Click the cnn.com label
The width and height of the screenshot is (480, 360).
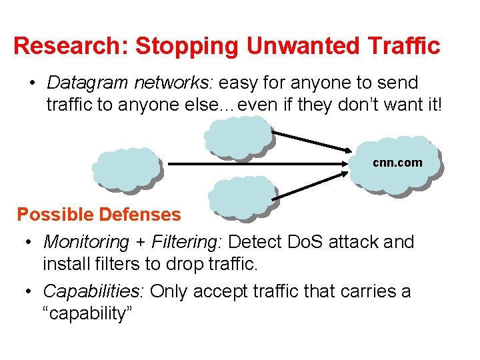[397, 163]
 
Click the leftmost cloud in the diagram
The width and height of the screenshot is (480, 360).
[127, 169]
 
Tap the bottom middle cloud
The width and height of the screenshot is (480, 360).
[241, 197]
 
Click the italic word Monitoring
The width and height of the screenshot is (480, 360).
[86, 242]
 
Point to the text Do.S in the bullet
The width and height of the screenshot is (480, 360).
[308, 242]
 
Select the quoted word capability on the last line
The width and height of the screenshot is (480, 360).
[88, 314]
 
